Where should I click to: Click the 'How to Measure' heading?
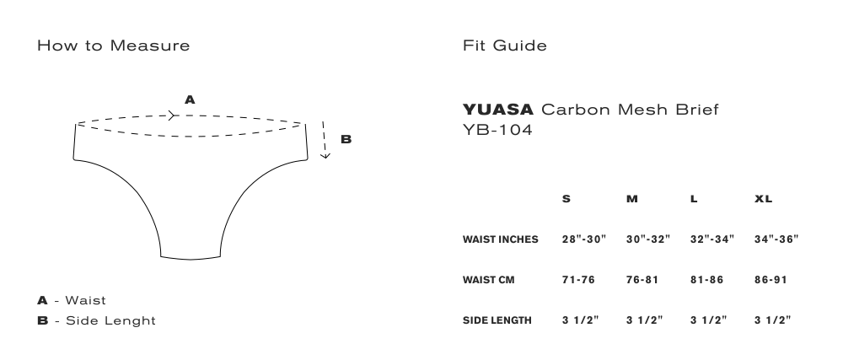pyautogui.click(x=114, y=46)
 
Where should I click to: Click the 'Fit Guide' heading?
pyautogui.click(x=505, y=46)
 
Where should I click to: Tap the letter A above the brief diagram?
pyautogui.click(x=190, y=100)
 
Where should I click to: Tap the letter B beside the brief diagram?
pyautogui.click(x=346, y=139)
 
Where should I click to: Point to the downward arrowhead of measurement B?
pyautogui.click(x=325, y=156)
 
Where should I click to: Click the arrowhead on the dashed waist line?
pyautogui.click(x=171, y=116)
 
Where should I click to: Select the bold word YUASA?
pyautogui.click(x=498, y=110)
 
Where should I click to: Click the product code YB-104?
pyautogui.click(x=497, y=130)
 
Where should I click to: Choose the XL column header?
pyautogui.click(x=763, y=199)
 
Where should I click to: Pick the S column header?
pyautogui.click(x=566, y=199)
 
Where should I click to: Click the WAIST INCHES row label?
pyautogui.click(x=500, y=239)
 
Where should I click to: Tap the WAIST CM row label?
pyautogui.click(x=488, y=280)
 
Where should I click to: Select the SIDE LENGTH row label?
pyautogui.click(x=497, y=320)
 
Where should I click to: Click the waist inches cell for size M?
pyautogui.click(x=647, y=239)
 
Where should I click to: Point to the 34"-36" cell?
pyautogui.click(x=776, y=239)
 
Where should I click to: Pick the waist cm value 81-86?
pyautogui.click(x=706, y=280)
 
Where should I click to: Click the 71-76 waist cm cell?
pyautogui.click(x=578, y=280)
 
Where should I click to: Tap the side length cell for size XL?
pyautogui.click(x=772, y=320)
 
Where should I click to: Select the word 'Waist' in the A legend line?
pyautogui.click(x=85, y=300)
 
